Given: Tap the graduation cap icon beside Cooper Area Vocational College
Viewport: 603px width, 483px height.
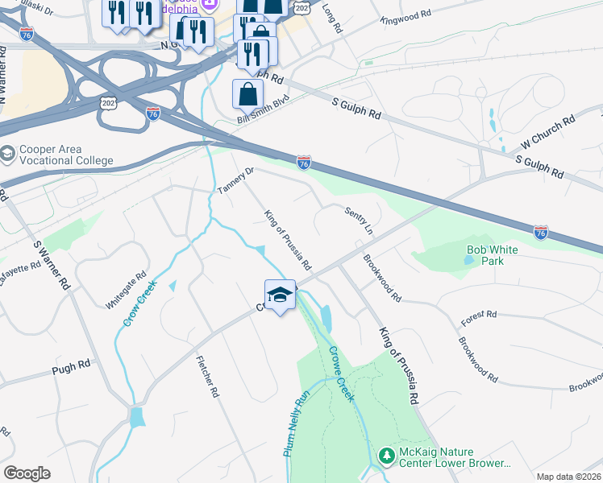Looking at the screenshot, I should tap(8, 154).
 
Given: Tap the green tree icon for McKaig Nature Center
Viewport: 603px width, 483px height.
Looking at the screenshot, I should tap(386, 456).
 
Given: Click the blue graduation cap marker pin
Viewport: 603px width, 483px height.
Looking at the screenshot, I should tap(280, 296).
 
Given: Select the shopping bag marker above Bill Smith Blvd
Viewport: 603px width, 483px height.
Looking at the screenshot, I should tap(247, 94).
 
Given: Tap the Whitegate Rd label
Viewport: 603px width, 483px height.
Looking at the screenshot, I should tap(127, 290).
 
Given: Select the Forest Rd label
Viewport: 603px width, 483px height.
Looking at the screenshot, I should tap(476, 320).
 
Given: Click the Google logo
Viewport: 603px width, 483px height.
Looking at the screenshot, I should tap(27, 473).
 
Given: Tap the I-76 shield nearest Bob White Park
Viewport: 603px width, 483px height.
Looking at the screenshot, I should tap(542, 232).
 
